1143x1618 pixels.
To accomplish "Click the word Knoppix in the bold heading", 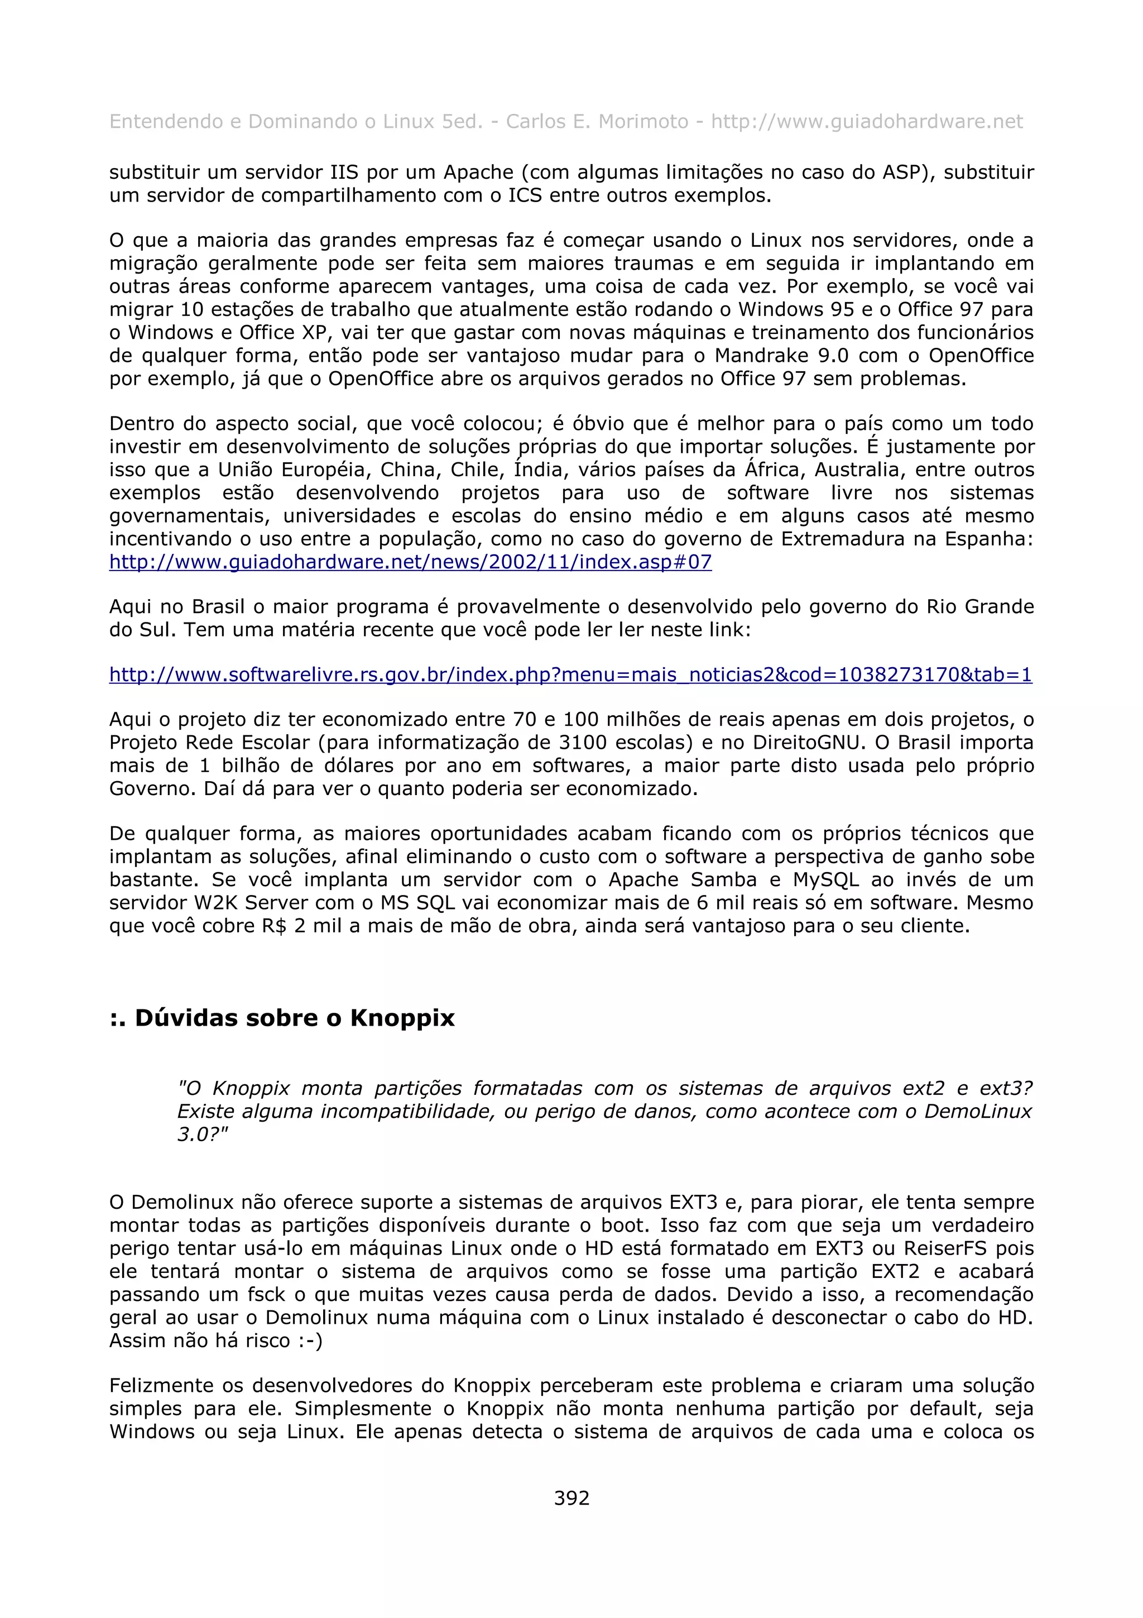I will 402,1018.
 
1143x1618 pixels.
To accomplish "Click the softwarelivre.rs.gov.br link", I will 570,674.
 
